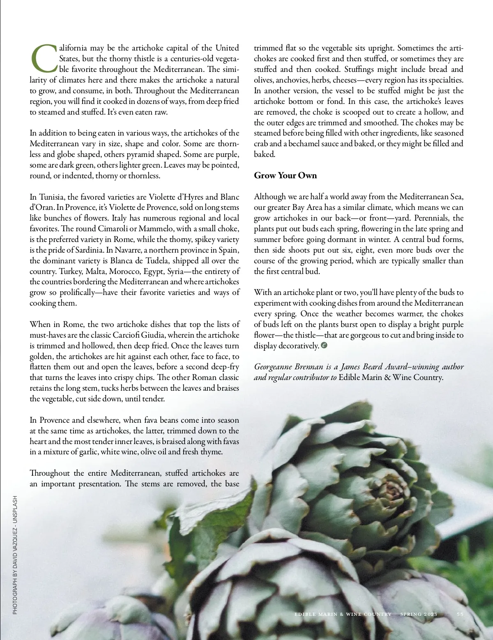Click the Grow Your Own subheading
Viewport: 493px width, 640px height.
click(285, 175)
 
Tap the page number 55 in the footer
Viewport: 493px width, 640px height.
click(460, 614)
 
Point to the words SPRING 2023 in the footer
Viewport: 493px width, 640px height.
click(419, 614)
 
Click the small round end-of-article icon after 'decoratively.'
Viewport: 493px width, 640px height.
click(324, 345)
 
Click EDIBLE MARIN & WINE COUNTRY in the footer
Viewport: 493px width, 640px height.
click(343, 614)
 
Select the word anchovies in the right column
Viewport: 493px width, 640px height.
click(292, 80)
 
